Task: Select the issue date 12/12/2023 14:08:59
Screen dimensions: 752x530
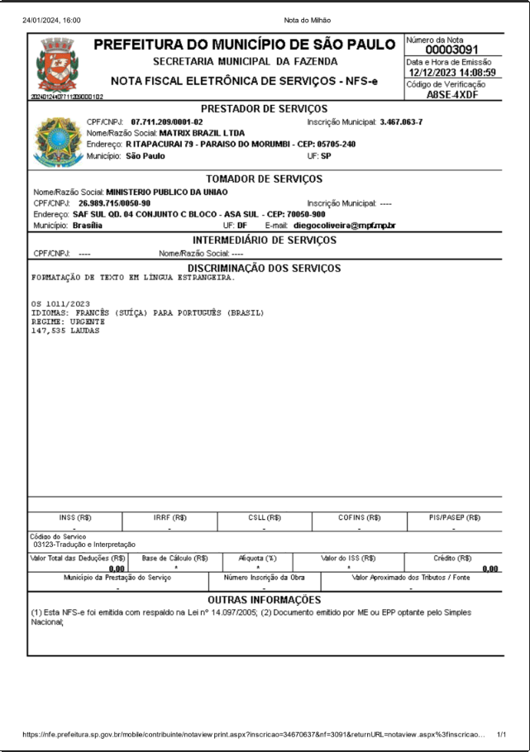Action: coord(451,73)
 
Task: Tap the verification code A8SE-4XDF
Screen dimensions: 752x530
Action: coord(453,95)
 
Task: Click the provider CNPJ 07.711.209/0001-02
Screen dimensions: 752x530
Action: coord(167,122)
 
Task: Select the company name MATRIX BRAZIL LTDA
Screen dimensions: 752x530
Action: coord(202,133)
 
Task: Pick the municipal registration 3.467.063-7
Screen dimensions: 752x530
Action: coord(401,122)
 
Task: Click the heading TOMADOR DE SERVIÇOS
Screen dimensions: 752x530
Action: coord(264,178)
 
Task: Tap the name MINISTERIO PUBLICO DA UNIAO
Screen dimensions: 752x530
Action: coord(167,192)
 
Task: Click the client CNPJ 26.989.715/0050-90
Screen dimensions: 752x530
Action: coord(115,202)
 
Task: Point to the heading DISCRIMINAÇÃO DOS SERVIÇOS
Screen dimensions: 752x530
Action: coord(264,268)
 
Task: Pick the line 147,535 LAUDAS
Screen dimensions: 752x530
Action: coord(65,331)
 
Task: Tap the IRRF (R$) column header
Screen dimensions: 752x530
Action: coord(170,517)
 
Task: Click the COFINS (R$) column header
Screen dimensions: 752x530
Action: coord(359,517)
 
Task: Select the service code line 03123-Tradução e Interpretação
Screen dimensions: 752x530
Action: coord(84,545)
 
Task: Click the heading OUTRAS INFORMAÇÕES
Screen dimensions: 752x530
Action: coord(264,599)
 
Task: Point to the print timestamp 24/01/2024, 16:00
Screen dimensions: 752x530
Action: coord(52,19)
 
